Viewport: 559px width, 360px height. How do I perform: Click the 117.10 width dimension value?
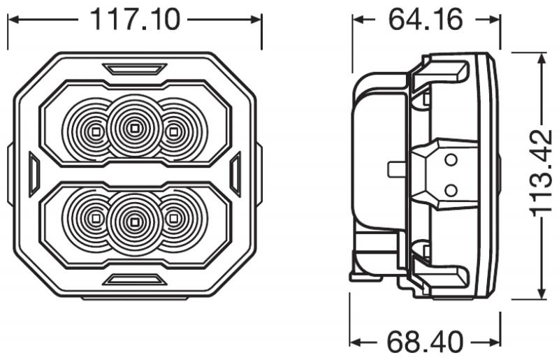click(x=134, y=20)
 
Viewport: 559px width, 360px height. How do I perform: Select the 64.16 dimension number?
click(x=426, y=20)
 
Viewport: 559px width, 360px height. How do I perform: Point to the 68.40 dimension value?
click(x=426, y=342)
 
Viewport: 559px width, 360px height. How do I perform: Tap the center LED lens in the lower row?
click(x=133, y=222)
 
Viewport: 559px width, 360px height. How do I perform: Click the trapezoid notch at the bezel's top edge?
click(x=133, y=69)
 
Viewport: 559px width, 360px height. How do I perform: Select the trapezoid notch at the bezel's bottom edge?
click(x=133, y=280)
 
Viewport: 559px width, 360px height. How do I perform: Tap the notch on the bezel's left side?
click(x=33, y=175)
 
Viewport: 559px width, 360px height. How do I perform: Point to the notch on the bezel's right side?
click(x=235, y=175)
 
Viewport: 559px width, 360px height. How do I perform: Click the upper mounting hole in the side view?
click(x=451, y=159)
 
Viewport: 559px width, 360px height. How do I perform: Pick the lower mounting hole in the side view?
click(x=451, y=189)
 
